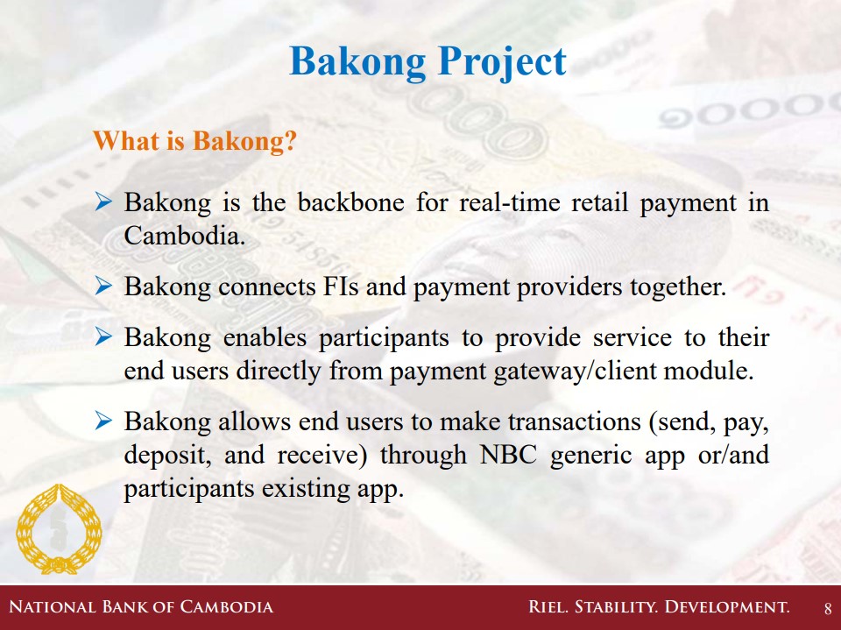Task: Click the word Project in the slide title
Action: (x=501, y=62)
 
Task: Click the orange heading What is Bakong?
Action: (x=194, y=141)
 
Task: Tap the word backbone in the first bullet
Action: (x=350, y=202)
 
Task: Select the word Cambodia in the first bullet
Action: (x=185, y=236)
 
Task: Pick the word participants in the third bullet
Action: (x=384, y=338)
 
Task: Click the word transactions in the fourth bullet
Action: (x=575, y=421)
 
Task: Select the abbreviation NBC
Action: (x=508, y=455)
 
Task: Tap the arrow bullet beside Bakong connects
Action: (x=103, y=287)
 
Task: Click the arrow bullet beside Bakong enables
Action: (x=103, y=337)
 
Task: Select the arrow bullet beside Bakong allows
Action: (x=103, y=421)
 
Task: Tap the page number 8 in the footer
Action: (x=828, y=609)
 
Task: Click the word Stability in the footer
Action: (x=616, y=607)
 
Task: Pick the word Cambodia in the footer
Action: (x=226, y=607)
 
